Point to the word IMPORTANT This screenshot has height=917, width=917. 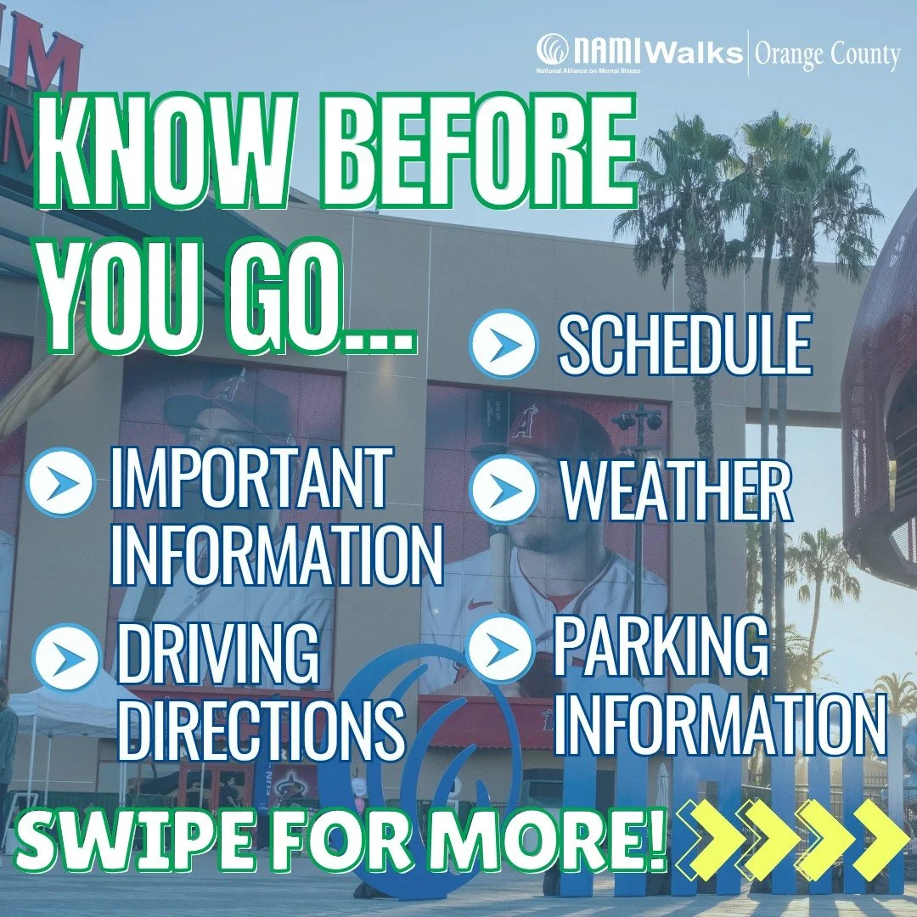pyautogui.click(x=251, y=481)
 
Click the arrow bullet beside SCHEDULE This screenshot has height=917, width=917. pyautogui.click(x=504, y=344)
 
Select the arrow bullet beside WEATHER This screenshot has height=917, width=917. pyautogui.click(x=504, y=492)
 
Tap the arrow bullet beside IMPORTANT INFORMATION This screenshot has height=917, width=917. pyautogui.click(x=60, y=482)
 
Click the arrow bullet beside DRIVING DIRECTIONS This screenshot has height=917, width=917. pyautogui.click(x=67, y=657)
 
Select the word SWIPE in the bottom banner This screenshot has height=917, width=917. pyautogui.click(x=120, y=847)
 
